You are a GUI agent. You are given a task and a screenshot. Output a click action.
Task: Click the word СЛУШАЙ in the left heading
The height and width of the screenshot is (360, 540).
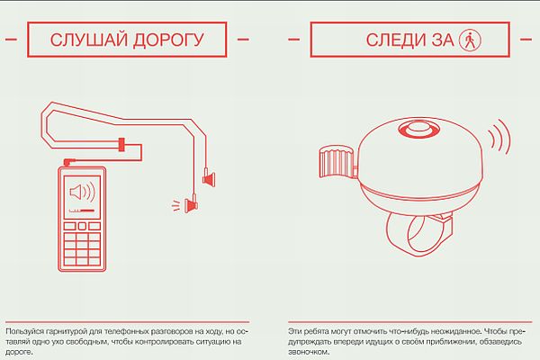(x=89, y=40)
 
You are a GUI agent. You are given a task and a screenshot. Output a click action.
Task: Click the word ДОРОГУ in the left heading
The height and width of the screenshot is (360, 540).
(x=169, y=40)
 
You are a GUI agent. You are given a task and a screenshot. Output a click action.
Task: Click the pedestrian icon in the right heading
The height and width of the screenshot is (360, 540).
(x=470, y=40)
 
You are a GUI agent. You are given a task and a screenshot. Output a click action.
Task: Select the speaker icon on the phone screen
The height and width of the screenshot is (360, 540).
(x=82, y=192)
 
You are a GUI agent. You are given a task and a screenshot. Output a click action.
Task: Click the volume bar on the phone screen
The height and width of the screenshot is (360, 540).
(x=82, y=210)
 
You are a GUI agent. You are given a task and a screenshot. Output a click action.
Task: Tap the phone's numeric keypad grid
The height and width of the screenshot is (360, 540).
(x=82, y=248)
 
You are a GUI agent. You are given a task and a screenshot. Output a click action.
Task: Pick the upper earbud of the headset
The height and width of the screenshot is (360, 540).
(x=209, y=178)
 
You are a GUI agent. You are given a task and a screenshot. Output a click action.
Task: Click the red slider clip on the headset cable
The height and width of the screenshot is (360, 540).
(x=121, y=144)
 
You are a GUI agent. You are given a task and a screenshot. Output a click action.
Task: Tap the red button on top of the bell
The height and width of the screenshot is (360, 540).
(x=419, y=130)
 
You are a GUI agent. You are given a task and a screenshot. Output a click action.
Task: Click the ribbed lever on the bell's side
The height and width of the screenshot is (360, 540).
(x=337, y=161)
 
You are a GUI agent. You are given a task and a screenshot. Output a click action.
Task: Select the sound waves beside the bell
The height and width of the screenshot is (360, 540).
(x=500, y=137)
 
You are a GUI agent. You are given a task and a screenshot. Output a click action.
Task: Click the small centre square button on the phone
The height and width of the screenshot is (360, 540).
(x=82, y=226)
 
